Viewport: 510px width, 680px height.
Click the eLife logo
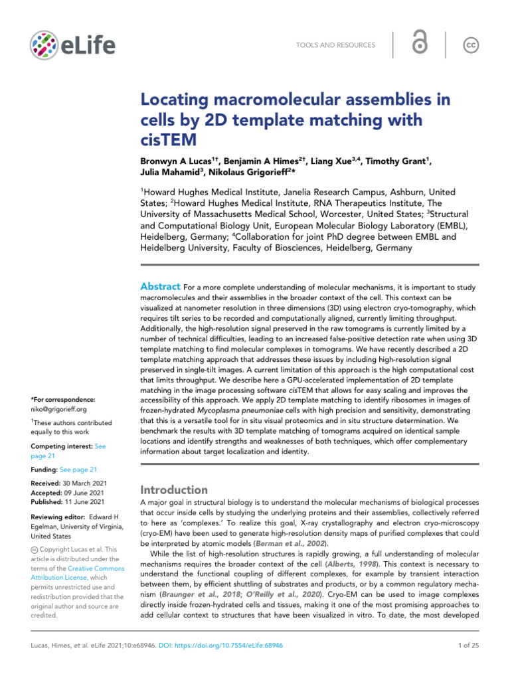click(72, 44)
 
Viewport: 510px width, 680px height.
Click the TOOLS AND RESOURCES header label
click(335, 45)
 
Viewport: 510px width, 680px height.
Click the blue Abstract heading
click(160, 286)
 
